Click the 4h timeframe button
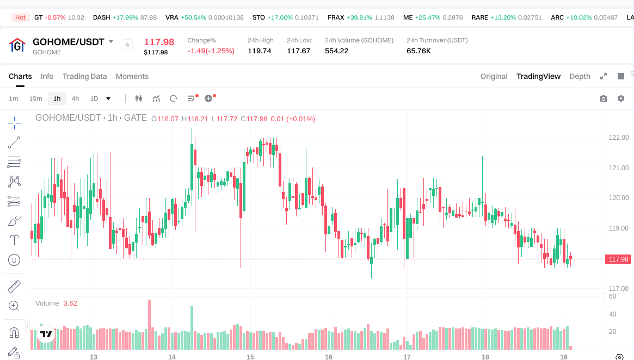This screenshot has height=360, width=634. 75,98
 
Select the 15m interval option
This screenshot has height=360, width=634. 35,98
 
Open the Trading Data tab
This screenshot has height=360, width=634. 84,76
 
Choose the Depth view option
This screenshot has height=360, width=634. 580,76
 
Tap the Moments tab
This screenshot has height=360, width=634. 132,76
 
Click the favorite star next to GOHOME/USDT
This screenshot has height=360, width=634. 127,45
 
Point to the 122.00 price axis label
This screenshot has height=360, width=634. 619,138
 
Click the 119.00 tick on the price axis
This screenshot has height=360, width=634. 619,228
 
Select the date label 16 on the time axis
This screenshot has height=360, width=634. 329,357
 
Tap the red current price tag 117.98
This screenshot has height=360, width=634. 619,259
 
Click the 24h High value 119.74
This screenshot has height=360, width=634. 260,51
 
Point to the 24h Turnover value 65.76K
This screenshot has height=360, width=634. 418,51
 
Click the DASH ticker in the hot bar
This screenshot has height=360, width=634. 102,17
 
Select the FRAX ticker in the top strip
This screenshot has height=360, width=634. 336,17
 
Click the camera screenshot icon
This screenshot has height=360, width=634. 604,98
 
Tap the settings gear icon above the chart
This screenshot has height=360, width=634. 621,98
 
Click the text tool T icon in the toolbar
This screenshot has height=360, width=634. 14,240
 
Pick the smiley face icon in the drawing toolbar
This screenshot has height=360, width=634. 14,260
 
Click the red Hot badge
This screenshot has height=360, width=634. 20,17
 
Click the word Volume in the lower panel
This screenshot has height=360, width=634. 47,303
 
